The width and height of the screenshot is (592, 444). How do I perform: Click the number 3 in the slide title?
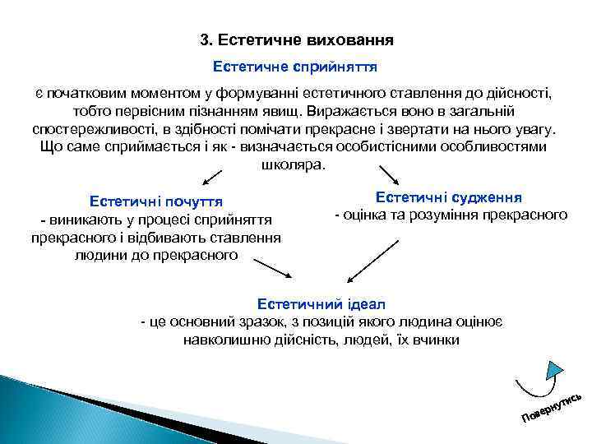206,39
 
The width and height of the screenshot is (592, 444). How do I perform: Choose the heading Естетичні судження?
449,197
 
